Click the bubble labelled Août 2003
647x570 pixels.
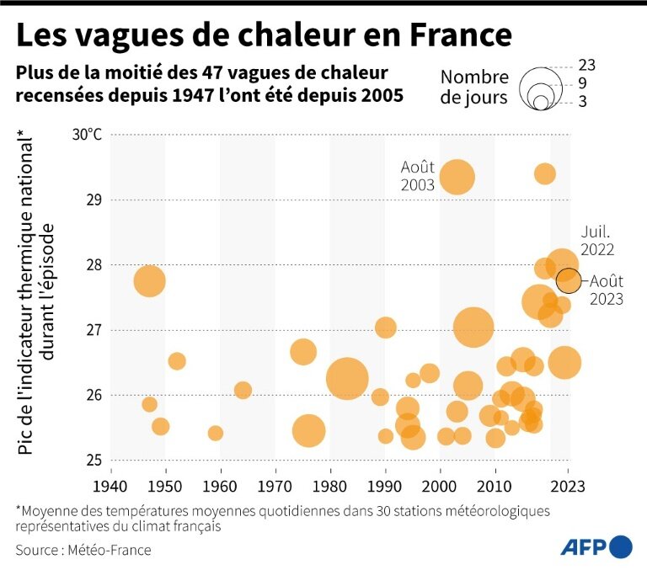tap(457, 177)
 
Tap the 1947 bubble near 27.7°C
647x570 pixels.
tap(149, 280)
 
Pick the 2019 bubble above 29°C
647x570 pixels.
tap(545, 173)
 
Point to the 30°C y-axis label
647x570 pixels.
tap(87, 135)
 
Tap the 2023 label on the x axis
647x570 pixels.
tap(568, 487)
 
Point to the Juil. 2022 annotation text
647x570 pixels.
tap(596, 240)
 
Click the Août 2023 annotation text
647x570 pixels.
tap(606, 290)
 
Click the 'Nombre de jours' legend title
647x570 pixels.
tap(474, 87)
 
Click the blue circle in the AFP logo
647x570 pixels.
tap(622, 546)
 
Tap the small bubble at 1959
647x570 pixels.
tap(216, 433)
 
